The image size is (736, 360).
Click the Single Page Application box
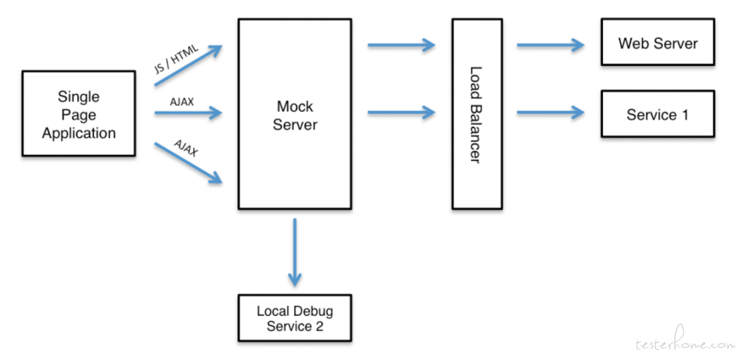click(x=79, y=114)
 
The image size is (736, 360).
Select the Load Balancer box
click(x=477, y=114)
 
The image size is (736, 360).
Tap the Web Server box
click(x=658, y=42)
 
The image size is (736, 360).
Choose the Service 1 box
click(x=658, y=114)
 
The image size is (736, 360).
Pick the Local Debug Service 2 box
click(x=295, y=318)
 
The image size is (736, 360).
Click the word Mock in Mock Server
click(x=295, y=106)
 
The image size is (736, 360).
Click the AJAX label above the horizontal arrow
click(x=181, y=102)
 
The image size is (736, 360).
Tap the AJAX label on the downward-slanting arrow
click(x=186, y=149)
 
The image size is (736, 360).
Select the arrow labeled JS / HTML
click(x=188, y=65)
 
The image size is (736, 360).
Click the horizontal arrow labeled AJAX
click(x=188, y=112)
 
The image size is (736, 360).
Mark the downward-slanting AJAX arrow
click(x=188, y=164)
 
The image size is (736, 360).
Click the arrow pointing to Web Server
click(x=551, y=45)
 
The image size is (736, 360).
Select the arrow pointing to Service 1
click(x=551, y=112)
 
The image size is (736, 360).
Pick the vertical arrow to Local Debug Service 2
click(x=295, y=252)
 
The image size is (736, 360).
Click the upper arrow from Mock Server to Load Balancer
click(x=401, y=45)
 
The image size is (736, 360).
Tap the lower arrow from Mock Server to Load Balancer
click(x=401, y=112)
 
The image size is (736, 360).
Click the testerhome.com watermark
click(x=685, y=342)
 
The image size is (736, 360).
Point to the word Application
click(x=79, y=134)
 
